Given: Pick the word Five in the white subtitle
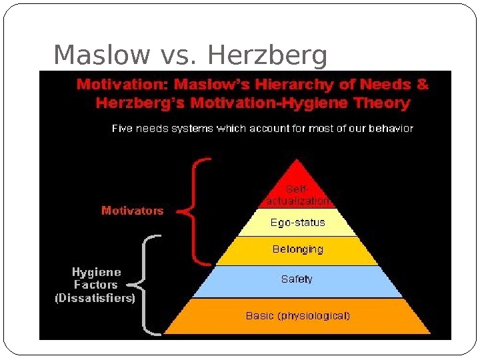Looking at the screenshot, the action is pyautogui.click(x=121, y=129).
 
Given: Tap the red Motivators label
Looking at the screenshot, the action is pyautogui.click(x=132, y=211).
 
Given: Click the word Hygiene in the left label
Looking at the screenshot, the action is pyautogui.click(x=97, y=272).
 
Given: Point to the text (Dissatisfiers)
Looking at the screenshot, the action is pyautogui.click(x=95, y=298).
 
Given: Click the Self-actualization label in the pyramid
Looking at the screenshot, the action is pyautogui.click(x=297, y=195).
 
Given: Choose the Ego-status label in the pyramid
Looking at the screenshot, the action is pyautogui.click(x=297, y=223).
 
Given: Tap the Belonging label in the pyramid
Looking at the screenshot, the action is pyautogui.click(x=297, y=249).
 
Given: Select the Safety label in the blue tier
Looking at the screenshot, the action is pyautogui.click(x=297, y=279).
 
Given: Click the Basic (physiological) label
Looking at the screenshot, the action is pyautogui.click(x=297, y=316).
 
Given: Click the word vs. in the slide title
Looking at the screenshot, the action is pyautogui.click(x=178, y=57).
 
